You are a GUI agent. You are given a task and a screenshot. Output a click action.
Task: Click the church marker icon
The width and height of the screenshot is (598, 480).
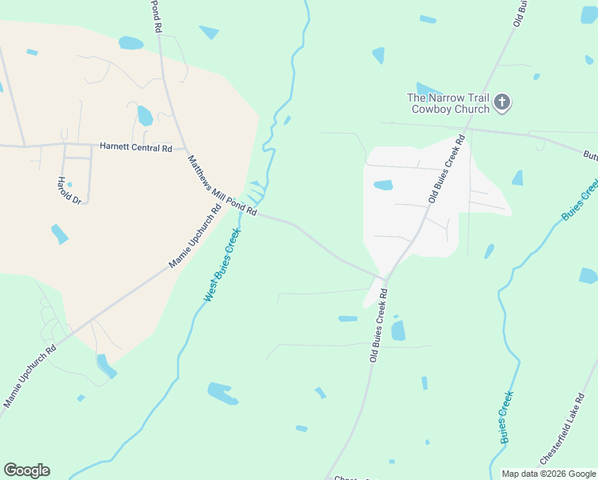pyautogui.click(x=502, y=102)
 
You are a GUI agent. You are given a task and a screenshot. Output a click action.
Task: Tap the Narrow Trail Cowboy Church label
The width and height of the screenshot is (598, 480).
pyautogui.click(x=449, y=103)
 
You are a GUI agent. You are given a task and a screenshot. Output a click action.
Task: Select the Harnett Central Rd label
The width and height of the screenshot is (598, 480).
pyautogui.click(x=136, y=147)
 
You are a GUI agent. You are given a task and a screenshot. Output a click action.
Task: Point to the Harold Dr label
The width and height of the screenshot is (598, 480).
pyautogui.click(x=70, y=190)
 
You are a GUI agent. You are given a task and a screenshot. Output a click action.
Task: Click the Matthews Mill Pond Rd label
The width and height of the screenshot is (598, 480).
pyautogui.click(x=222, y=185)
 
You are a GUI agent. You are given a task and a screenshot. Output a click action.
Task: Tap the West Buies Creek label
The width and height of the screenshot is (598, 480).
pyautogui.click(x=221, y=265)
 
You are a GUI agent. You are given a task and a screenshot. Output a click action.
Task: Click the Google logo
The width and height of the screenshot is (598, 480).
pyautogui.click(x=26, y=470)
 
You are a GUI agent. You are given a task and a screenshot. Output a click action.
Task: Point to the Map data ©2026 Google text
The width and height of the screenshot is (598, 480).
pyautogui.click(x=548, y=474)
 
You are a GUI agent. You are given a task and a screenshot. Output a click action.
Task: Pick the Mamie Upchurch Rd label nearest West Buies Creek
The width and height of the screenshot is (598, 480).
pyautogui.click(x=194, y=238)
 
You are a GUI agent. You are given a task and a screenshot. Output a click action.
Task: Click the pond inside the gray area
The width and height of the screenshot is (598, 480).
pyautogui.click(x=383, y=185)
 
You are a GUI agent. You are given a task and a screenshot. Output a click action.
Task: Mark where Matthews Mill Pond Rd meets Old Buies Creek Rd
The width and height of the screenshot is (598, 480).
pyautogui.click(x=385, y=280)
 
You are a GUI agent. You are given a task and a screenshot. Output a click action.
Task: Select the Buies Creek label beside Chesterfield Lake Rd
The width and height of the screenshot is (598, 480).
pyautogui.click(x=506, y=416)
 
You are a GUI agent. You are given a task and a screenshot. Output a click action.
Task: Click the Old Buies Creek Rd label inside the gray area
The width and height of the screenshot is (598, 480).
pyautogui.click(x=446, y=169)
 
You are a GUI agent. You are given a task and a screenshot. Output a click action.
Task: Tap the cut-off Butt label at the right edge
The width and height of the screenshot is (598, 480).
pyautogui.click(x=590, y=155)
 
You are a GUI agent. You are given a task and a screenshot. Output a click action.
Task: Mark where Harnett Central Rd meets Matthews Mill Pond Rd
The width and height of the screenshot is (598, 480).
pyautogui.click(x=185, y=149)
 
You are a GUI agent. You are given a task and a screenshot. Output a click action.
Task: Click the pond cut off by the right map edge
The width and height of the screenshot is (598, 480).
pyautogui.click(x=588, y=276)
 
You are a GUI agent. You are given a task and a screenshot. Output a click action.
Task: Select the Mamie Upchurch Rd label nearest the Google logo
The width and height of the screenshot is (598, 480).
pyautogui.click(x=30, y=375)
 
